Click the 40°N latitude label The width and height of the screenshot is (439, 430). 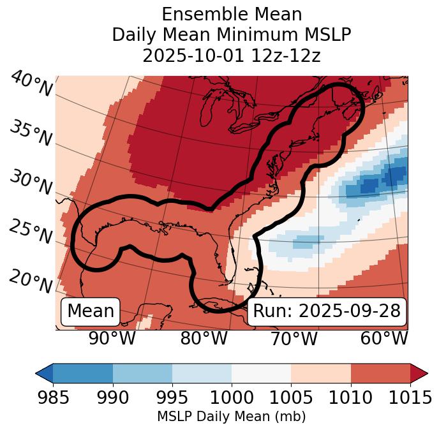[31, 85]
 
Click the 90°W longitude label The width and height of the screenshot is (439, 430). [112, 339]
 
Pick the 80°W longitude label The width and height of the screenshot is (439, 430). [204, 339]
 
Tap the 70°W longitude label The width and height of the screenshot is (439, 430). [295, 339]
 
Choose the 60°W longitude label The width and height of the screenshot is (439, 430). [384, 339]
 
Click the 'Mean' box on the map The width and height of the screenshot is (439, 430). [91, 311]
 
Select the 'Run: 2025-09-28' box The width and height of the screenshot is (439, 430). [327, 311]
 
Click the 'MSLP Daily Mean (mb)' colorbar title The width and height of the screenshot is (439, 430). [231, 417]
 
